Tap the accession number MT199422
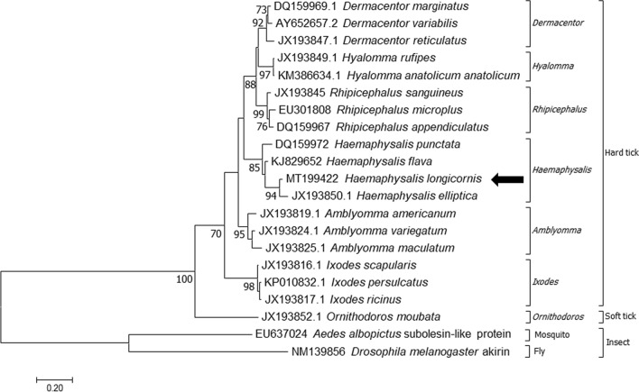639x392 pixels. click(310, 180)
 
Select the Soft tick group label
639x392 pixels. click(621, 317)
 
